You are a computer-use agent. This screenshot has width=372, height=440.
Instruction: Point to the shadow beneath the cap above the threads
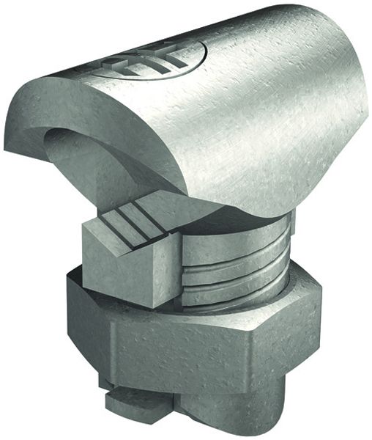[242, 220]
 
